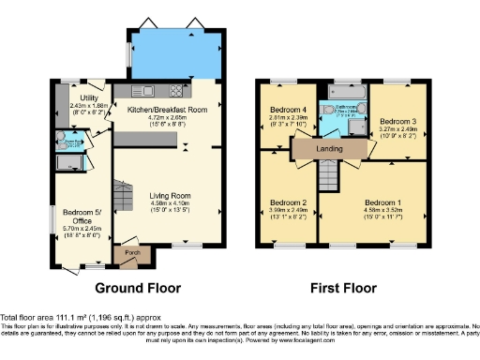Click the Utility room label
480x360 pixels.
(90, 97)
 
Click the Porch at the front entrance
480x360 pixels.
(126, 252)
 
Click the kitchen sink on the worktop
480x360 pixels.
(148, 91)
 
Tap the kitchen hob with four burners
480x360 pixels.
(175, 92)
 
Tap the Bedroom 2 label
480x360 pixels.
(289, 202)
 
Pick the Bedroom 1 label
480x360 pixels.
(384, 202)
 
